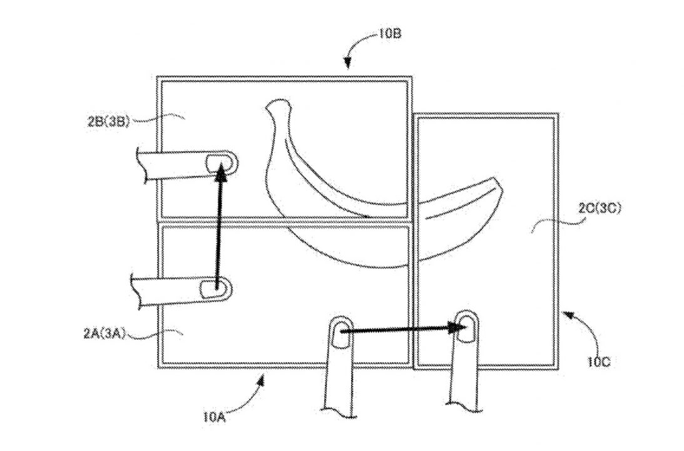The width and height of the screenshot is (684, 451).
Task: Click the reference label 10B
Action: tap(389, 34)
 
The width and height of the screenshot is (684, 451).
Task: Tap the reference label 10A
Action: tap(214, 417)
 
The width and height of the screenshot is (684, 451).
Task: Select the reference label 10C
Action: tap(598, 361)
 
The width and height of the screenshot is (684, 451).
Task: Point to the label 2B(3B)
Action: tap(109, 122)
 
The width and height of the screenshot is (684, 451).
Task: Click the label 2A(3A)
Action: tap(105, 334)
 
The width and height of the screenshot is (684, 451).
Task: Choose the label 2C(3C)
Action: tap(600, 209)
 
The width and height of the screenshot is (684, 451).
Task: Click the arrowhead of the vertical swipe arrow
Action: tap(222, 172)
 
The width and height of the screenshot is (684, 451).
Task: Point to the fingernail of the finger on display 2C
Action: tap(466, 328)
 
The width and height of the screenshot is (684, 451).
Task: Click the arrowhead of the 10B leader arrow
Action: tap(347, 64)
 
